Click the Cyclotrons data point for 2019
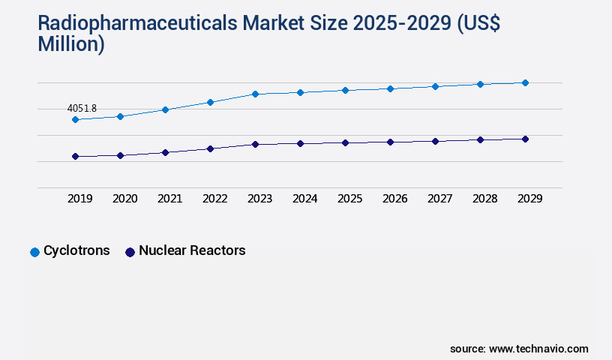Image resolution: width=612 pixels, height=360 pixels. click(x=75, y=119)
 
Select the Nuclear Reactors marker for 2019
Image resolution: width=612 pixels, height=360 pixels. click(x=75, y=156)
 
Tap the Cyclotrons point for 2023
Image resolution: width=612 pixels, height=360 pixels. click(x=255, y=94)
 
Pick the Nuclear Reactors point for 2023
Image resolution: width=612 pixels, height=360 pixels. click(x=255, y=144)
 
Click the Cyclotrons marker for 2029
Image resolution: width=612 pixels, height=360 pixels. click(x=525, y=82)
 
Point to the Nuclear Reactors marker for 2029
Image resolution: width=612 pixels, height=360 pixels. click(x=525, y=139)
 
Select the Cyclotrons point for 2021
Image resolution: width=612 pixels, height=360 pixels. click(x=165, y=109)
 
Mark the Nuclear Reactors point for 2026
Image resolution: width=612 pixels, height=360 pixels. click(x=390, y=142)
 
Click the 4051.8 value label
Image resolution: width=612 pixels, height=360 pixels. click(x=82, y=109)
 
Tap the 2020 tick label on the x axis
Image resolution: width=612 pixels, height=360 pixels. click(x=124, y=199)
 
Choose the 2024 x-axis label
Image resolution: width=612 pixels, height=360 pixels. click(x=304, y=199)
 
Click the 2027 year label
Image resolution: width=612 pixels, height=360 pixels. click(x=439, y=199)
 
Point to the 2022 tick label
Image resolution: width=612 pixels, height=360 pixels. click(x=214, y=199)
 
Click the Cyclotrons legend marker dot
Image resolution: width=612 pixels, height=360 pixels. click(x=34, y=252)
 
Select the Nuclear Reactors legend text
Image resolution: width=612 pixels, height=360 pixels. click(x=192, y=251)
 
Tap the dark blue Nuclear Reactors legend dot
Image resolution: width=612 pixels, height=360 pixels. click(x=130, y=252)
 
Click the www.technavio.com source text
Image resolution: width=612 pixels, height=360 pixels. click(x=538, y=349)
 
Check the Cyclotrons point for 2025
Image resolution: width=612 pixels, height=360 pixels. click(x=345, y=90)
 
